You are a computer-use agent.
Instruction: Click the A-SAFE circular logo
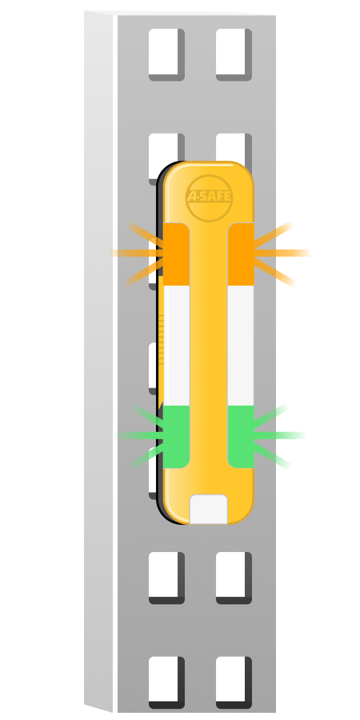pyautogui.click(x=209, y=198)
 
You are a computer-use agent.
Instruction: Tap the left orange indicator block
pyautogui.click(x=176, y=254)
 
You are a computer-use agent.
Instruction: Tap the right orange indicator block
pyautogui.click(x=241, y=254)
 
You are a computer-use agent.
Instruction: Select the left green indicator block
pyautogui.click(x=176, y=437)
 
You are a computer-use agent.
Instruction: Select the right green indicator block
pyautogui.click(x=241, y=437)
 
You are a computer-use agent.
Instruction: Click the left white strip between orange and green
pyautogui.click(x=176, y=346)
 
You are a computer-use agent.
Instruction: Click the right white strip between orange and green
pyautogui.click(x=241, y=346)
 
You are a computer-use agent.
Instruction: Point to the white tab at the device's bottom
pyautogui.click(x=209, y=509)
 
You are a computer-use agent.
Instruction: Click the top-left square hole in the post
pyautogui.click(x=167, y=55)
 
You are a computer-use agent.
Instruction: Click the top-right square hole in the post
pyautogui.click(x=233, y=55)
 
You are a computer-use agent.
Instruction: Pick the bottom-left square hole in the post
pyautogui.click(x=167, y=682)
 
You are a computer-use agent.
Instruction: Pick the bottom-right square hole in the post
pyautogui.click(x=233, y=682)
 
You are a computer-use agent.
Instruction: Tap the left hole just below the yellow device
pyautogui.click(x=167, y=578)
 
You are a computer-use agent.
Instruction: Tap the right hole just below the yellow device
pyautogui.click(x=233, y=578)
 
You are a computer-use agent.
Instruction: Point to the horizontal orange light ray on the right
pyautogui.click(x=283, y=253)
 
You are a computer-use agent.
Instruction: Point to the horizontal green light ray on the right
pyautogui.click(x=280, y=436)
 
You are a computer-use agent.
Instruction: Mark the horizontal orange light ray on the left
pyautogui.click(x=136, y=253)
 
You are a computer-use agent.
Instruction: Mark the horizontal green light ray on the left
pyautogui.click(x=139, y=436)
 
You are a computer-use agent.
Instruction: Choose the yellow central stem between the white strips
pyautogui.click(x=209, y=346)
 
